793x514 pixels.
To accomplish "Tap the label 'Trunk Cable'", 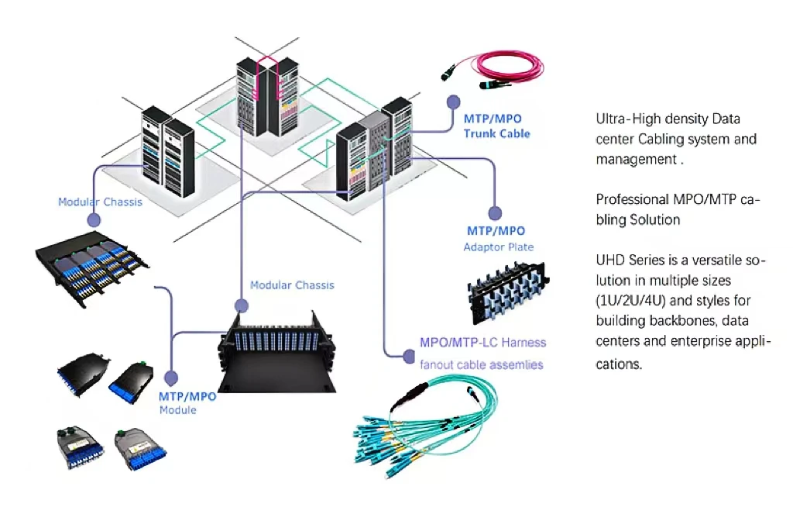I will coord(496,134).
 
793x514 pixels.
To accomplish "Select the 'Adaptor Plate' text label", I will coord(498,247).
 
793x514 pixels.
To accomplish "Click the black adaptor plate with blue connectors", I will coord(507,293).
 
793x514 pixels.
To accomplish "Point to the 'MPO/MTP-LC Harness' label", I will coord(482,342).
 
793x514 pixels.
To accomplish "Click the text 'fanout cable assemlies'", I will coord(481,364).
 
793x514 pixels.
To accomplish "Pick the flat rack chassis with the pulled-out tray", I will coord(91,271).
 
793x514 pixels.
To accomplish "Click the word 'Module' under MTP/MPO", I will coord(177,409).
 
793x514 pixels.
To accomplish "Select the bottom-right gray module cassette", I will coord(140,450).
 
